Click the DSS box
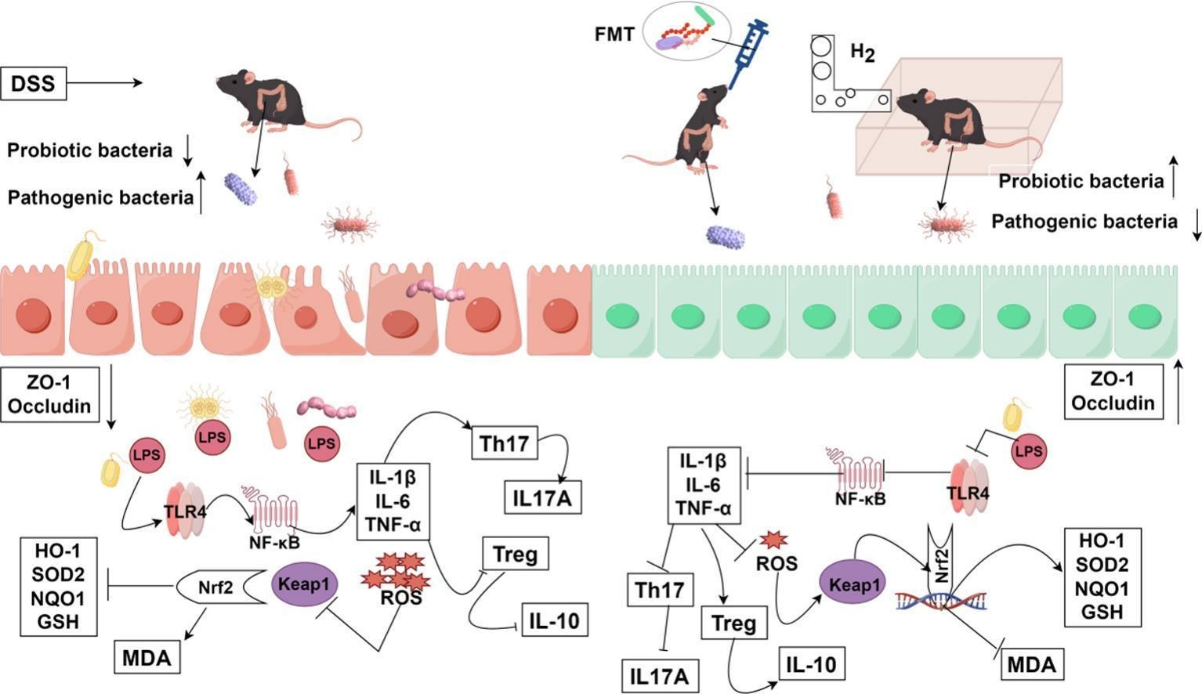pos(34,83)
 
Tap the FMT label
pos(614,34)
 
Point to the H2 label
pos(863,52)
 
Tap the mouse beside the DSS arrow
pos(266,102)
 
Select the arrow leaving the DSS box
pos(105,82)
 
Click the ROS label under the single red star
pos(777,562)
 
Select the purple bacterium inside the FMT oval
pos(668,45)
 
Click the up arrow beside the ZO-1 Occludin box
pos(1178,392)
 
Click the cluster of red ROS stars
pos(396,573)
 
